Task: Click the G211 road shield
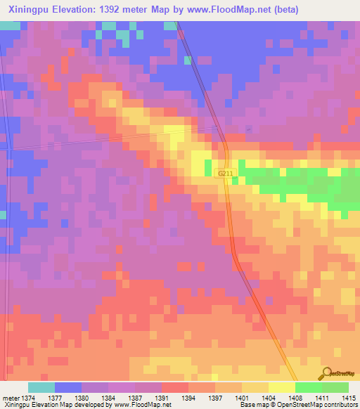pyautogui.click(x=224, y=172)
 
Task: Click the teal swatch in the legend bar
pyautogui.click(x=41, y=387)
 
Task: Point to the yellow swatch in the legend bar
pyautogui.click(x=281, y=387)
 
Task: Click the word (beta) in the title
pyautogui.click(x=285, y=10)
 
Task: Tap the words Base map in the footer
pyautogui.click(x=252, y=405)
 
